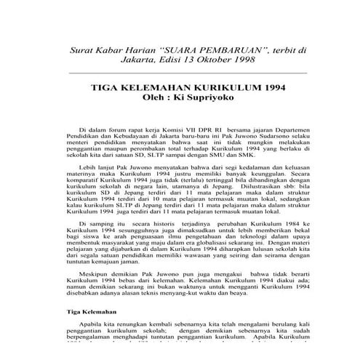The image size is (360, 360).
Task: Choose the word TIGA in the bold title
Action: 103,86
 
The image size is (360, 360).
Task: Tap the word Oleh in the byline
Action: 153,97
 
